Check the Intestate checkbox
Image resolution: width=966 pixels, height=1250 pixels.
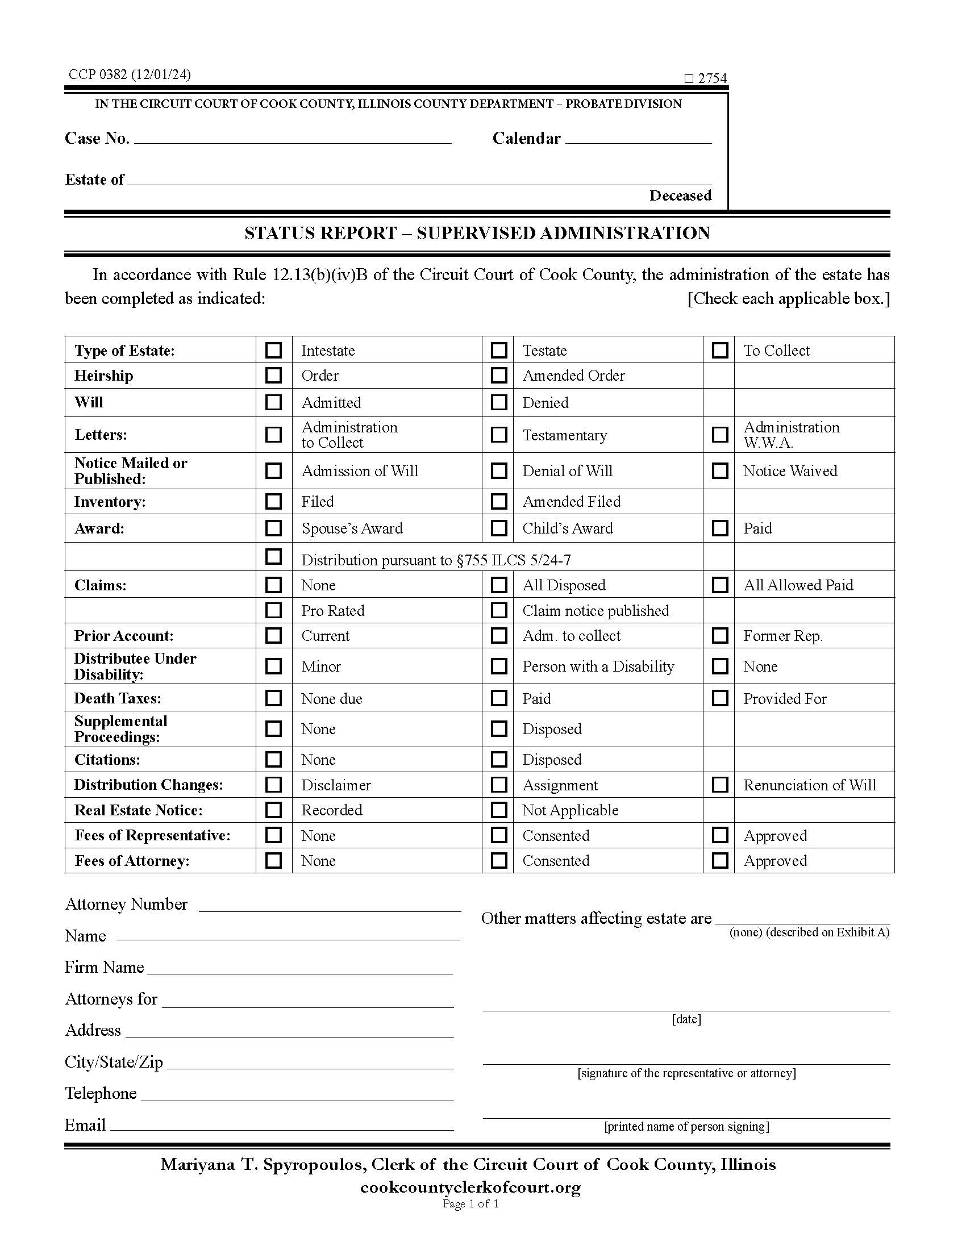point(273,349)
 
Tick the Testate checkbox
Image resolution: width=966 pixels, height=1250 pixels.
point(498,349)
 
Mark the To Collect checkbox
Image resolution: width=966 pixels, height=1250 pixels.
point(719,349)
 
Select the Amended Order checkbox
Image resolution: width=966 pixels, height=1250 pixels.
point(498,376)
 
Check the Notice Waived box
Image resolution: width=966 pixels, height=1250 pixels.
point(719,470)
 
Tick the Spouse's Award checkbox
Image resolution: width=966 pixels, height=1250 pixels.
point(273,528)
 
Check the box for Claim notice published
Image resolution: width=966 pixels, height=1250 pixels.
point(498,610)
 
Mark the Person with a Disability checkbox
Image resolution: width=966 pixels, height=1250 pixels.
point(498,666)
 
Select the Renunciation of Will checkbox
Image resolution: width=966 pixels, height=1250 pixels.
point(719,785)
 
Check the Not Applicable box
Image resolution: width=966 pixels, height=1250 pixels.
point(498,810)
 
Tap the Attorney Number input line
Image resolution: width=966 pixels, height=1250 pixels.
point(330,905)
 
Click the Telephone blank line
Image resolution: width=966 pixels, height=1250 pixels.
point(297,1094)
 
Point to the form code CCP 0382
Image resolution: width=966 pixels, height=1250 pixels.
point(130,74)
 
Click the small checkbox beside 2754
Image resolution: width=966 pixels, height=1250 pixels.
point(689,79)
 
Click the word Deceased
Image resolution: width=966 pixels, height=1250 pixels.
point(680,196)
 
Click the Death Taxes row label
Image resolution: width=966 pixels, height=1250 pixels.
point(117,698)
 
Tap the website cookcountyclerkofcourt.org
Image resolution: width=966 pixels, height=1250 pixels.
point(470,1187)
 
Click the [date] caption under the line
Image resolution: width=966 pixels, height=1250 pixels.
point(686,1019)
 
